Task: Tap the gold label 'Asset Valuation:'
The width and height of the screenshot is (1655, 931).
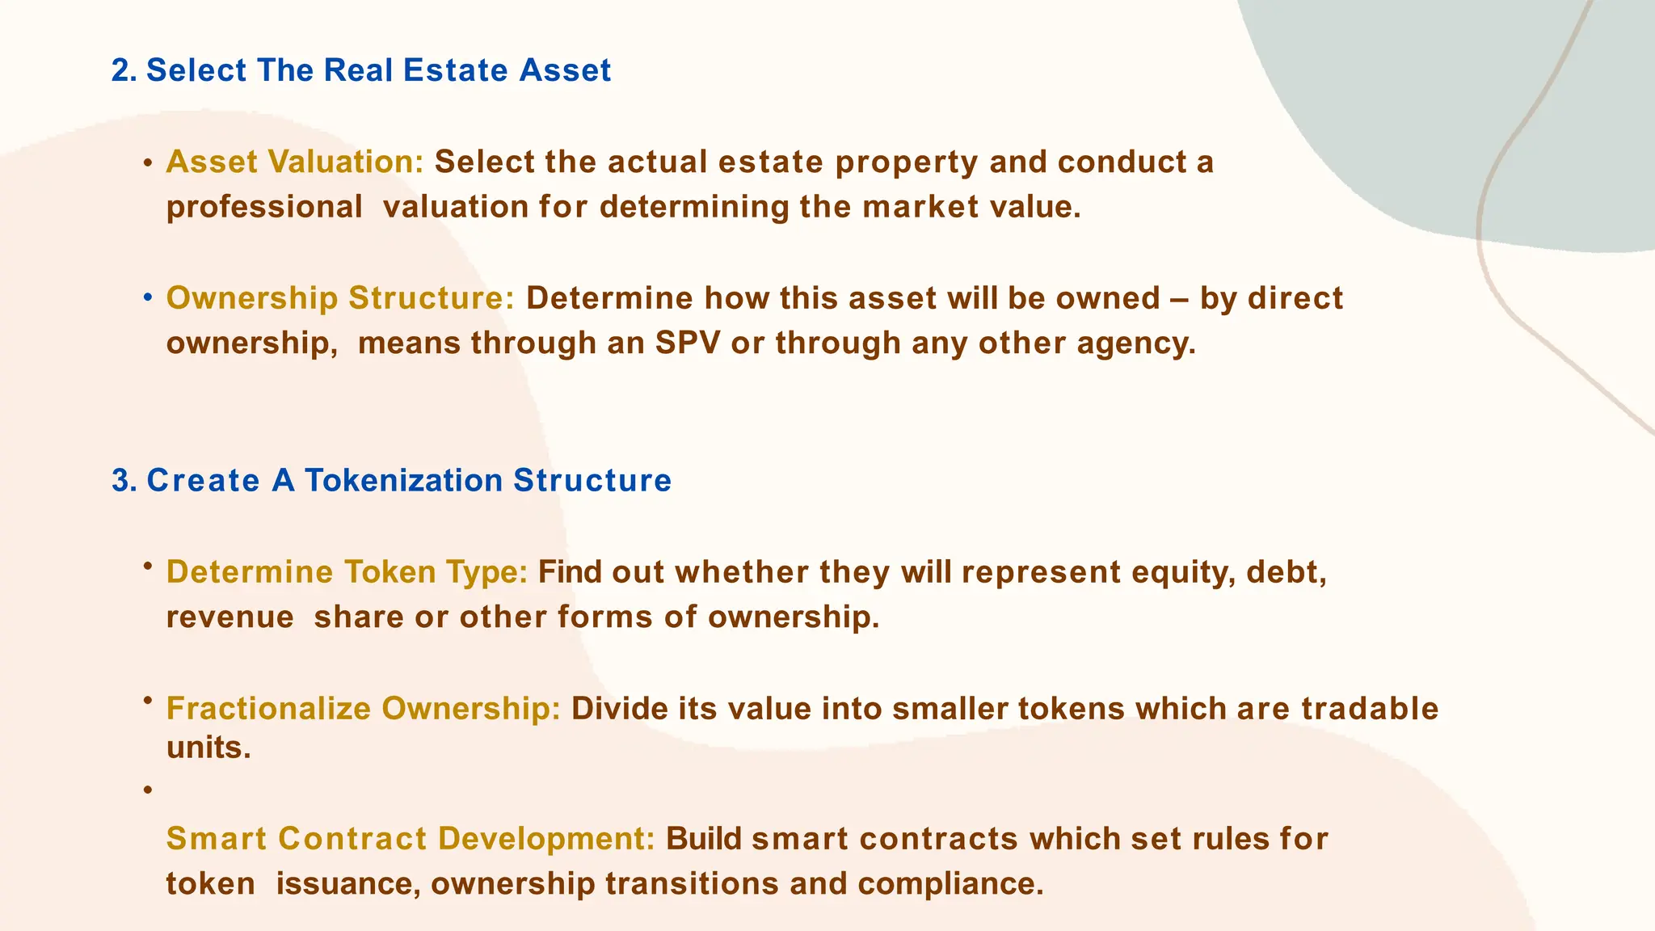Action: (295, 162)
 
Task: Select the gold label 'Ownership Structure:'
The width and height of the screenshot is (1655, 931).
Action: (340, 298)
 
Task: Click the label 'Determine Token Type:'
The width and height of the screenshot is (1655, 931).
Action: (347, 572)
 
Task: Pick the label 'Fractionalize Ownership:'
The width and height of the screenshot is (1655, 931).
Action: (363, 709)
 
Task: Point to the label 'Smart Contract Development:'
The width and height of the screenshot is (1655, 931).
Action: (411, 839)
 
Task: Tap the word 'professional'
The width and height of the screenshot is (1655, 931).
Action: (264, 208)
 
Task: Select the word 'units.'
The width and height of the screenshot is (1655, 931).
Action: (208, 748)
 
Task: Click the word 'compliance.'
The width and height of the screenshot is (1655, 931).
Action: (951, 884)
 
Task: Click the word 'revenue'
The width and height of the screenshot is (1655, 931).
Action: (230, 617)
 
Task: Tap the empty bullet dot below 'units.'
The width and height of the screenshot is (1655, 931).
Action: (148, 790)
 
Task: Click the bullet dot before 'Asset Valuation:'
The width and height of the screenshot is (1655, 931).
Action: (148, 164)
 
